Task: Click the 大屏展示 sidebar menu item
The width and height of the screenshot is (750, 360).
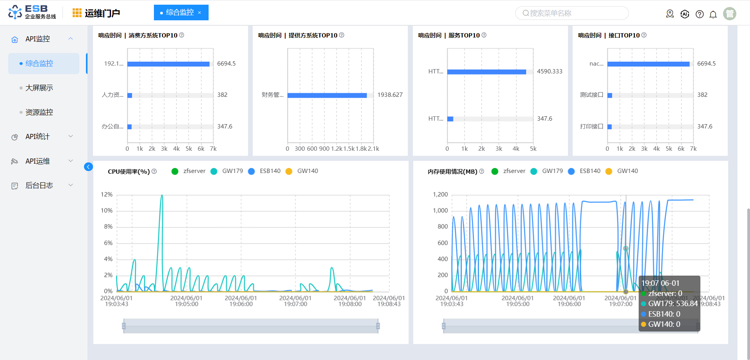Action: coord(39,88)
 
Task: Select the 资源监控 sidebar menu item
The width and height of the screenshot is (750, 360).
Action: coord(39,112)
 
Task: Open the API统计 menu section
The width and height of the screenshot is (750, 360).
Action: coord(37,137)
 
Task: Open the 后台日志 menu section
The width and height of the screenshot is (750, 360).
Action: coord(39,185)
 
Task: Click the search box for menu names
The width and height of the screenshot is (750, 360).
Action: coord(572,13)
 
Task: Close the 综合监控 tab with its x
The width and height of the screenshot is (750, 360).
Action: coord(200,13)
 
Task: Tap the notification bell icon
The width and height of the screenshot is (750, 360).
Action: coord(713,14)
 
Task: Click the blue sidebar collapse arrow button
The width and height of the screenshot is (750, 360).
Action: coord(88,167)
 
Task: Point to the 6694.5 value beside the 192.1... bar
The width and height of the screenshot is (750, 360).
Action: coord(227,64)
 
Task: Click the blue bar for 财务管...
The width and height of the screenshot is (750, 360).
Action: coord(327,95)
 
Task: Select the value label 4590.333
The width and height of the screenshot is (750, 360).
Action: coord(550,71)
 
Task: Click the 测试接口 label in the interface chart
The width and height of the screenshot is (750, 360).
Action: coord(591,95)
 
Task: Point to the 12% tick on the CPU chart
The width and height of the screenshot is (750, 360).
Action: coord(107,194)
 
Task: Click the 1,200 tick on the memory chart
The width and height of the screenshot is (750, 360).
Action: coord(440,194)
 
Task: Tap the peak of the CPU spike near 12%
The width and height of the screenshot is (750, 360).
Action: coord(162,195)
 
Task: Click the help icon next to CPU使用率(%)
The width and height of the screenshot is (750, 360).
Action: coord(154,171)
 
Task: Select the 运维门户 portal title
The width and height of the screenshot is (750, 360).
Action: coord(102,13)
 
